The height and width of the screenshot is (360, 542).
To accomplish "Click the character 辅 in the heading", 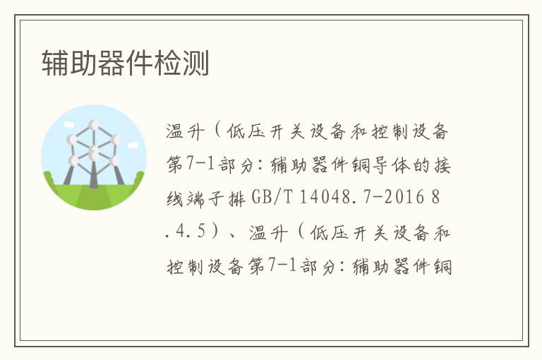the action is click(x=56, y=63).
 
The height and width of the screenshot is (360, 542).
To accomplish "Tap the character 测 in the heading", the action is click(x=195, y=63).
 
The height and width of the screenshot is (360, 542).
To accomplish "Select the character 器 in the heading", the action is click(x=112, y=63).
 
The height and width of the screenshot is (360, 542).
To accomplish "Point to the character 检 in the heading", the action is click(x=168, y=63).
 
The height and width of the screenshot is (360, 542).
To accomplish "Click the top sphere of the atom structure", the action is click(x=94, y=124).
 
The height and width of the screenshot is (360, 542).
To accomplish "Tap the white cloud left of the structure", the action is click(x=69, y=124).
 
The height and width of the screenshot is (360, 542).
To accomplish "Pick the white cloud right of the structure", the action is click(x=133, y=145).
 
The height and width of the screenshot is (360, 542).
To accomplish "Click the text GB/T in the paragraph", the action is click(x=272, y=198).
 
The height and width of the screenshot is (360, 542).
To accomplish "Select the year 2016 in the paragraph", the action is click(x=404, y=198).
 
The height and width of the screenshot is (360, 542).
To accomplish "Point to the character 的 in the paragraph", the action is click(x=421, y=164).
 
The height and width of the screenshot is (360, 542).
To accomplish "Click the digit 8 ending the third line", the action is click(x=435, y=198).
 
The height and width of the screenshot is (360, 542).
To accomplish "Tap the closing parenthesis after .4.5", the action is click(x=215, y=231).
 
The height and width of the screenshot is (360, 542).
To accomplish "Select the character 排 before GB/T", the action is click(x=237, y=198).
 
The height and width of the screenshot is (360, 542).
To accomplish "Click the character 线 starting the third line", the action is click(x=175, y=198).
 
